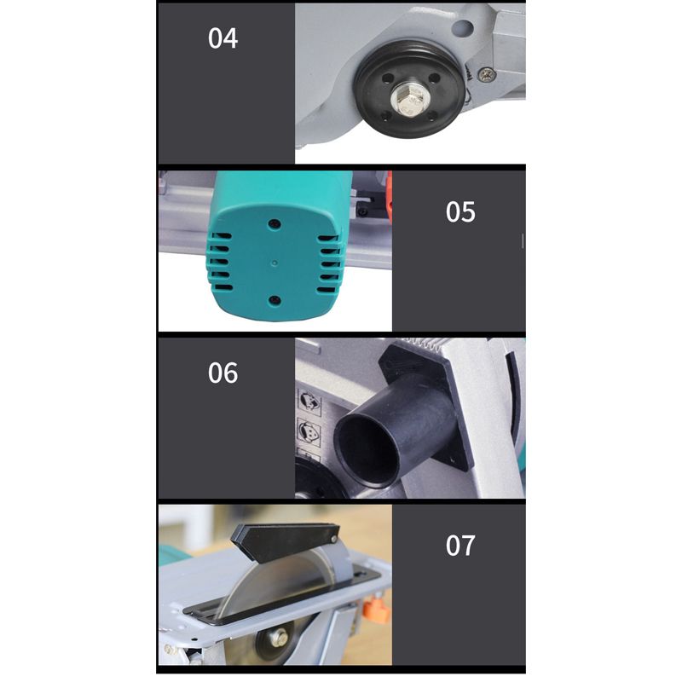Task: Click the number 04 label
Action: pos(223,38)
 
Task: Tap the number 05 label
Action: pos(460,212)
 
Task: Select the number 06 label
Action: pos(223,373)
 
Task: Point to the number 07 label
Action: pos(460,546)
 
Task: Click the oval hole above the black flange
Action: pos(463,29)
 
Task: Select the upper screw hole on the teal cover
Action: pos(274,224)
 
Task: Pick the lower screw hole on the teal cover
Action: pos(275,300)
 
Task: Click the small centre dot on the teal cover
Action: pos(274,263)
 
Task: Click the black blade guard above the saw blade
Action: pos(285,541)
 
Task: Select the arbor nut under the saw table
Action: pos(278,638)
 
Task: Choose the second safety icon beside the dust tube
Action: pos(309,431)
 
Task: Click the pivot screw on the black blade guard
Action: pos(333,540)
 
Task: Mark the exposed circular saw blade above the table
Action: pos(279,579)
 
